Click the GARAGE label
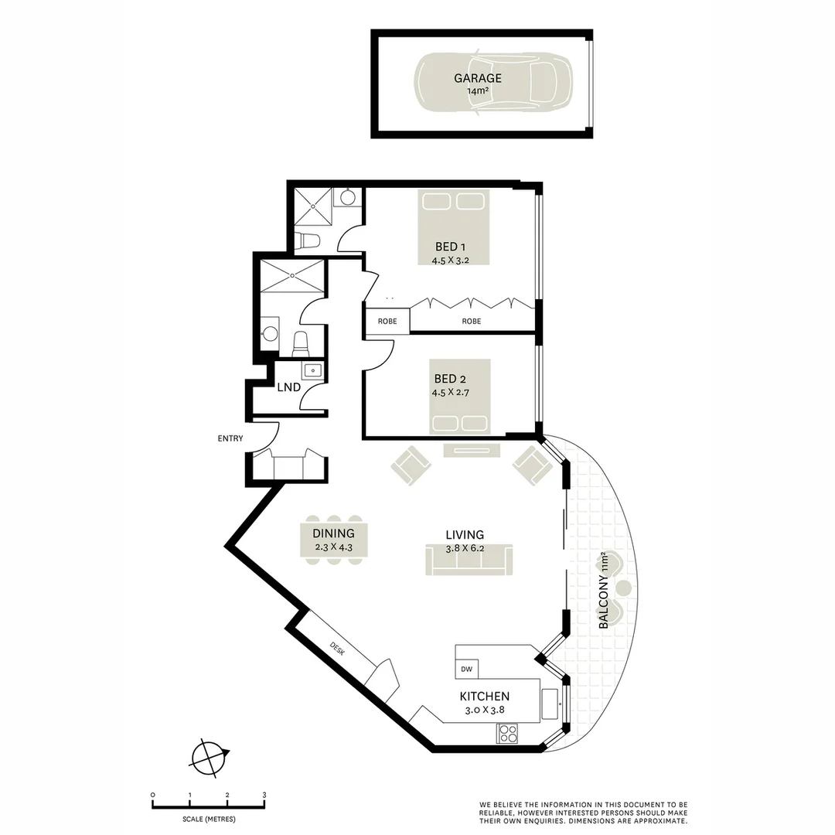coord(477,78)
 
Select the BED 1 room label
coord(450,247)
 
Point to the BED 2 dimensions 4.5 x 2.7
coord(450,393)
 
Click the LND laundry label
coord(288,386)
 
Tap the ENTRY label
coord(230,438)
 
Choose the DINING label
coord(333,533)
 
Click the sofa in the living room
coord(469,559)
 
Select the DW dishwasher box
coord(466,669)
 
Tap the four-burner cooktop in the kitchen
coord(508,733)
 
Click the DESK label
coord(337,647)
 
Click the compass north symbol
coord(210,756)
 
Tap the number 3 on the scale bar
coord(264,795)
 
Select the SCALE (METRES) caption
coord(209,819)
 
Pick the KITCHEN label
coord(484,697)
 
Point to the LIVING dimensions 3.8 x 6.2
coord(465,548)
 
